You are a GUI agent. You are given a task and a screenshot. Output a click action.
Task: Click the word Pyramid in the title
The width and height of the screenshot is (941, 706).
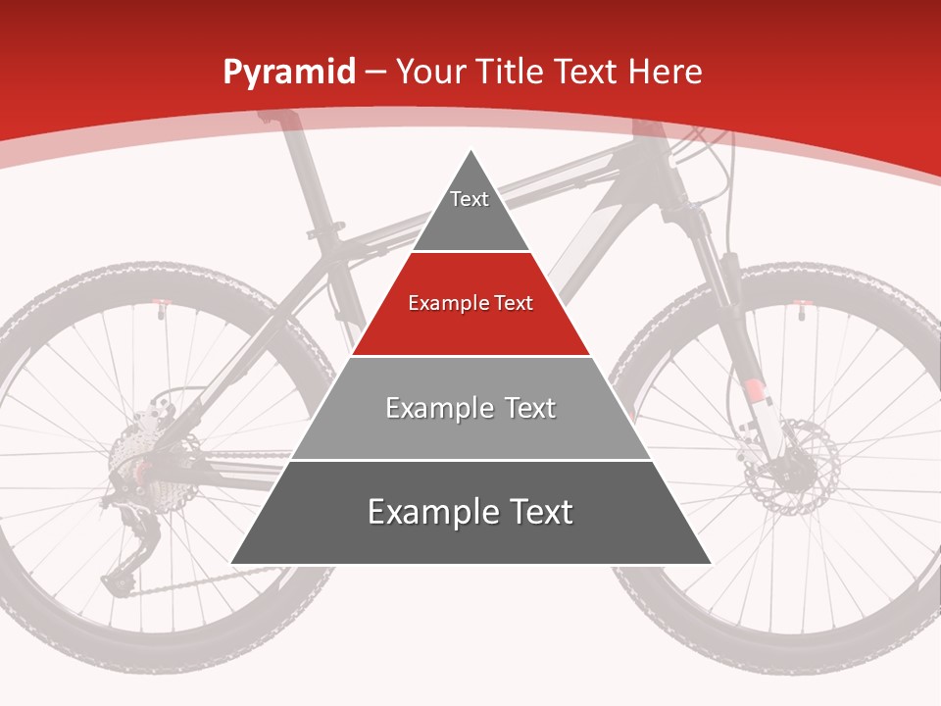(289, 72)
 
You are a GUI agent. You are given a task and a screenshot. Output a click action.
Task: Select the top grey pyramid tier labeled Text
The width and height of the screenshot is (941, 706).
(470, 211)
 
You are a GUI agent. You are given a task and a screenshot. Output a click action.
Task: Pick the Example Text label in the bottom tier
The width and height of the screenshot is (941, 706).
(470, 512)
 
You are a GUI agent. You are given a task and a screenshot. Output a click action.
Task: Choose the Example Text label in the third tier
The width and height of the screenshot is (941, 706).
(470, 408)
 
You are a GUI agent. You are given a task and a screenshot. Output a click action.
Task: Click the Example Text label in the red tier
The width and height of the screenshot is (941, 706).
(470, 303)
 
